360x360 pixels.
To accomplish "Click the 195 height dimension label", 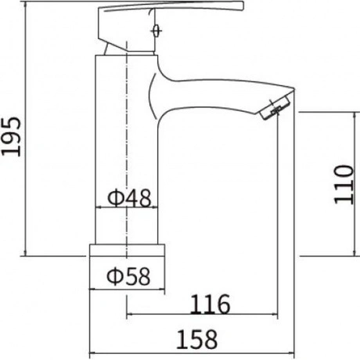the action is (11, 137).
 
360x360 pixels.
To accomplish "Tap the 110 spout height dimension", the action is (344, 185).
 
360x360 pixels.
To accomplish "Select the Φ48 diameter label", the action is (129, 198).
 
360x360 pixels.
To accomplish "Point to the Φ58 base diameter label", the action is (128, 276).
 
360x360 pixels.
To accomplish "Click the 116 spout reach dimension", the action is (211, 304).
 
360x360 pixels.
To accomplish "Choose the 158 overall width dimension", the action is (197, 340).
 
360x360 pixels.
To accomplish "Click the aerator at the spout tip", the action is (275, 108).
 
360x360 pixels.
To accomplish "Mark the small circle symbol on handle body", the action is (156, 31).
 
